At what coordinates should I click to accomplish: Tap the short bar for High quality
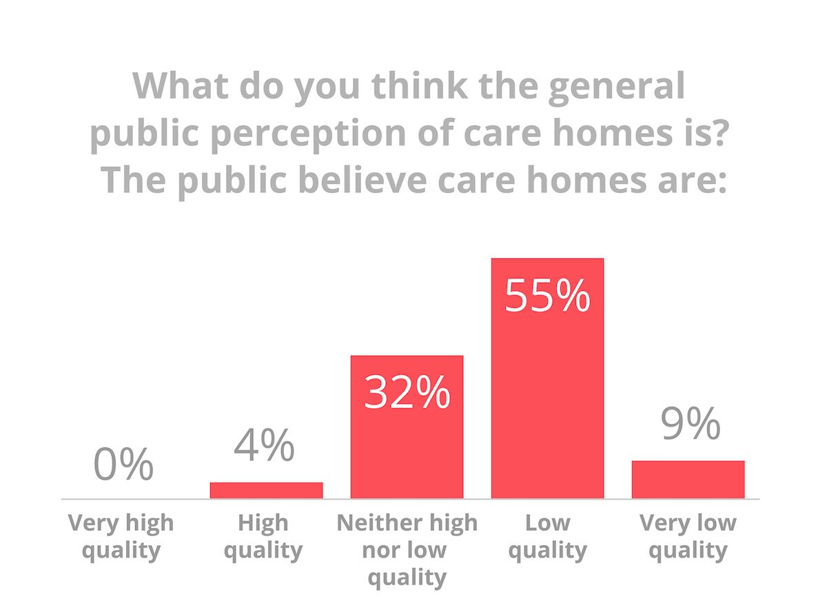point(266,490)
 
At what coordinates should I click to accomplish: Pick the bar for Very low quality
point(688,479)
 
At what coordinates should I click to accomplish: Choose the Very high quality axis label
point(121,536)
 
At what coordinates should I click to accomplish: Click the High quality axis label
point(263,536)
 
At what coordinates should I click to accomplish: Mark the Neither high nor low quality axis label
point(407,549)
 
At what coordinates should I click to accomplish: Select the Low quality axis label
point(548,536)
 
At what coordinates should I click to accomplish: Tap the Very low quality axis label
point(688,536)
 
